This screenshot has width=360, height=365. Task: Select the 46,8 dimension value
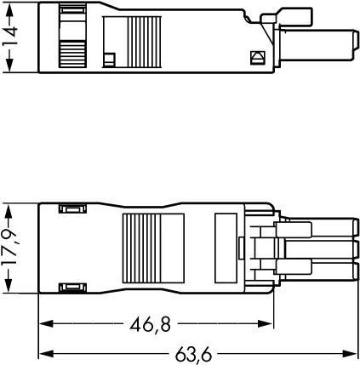click(157, 324)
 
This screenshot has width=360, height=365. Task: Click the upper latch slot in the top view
click(70, 210)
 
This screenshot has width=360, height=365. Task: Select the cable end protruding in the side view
click(329, 44)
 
